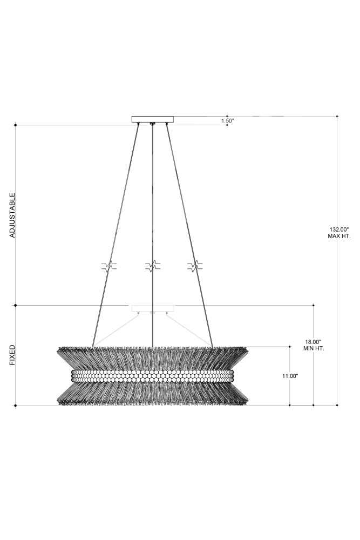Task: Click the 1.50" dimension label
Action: (227, 121)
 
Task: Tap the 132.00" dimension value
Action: (339, 230)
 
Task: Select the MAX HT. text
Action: (339, 237)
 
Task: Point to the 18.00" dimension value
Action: (314, 342)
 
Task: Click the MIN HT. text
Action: (314, 348)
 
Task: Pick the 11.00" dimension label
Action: (290, 376)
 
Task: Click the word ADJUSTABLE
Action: (12, 215)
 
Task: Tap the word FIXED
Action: (12, 355)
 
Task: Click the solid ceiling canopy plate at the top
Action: (153, 119)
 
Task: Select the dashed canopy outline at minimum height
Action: (153, 308)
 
